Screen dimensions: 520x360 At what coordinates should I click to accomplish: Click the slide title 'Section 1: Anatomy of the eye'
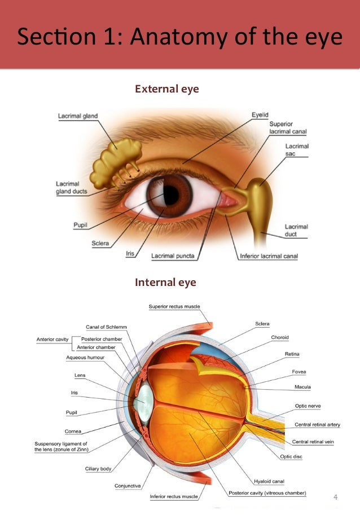pos(179,37)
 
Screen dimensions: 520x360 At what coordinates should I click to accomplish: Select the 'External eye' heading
pos(166,89)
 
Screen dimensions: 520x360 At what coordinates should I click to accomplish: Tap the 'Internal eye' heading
pos(165,282)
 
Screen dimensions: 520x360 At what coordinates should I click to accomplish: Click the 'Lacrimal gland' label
pos(78,116)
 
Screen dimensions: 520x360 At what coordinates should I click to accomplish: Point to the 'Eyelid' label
pos(261,115)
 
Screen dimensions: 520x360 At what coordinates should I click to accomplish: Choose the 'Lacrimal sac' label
pos(297,150)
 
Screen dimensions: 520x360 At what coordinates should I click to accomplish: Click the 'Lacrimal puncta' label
pos(173,256)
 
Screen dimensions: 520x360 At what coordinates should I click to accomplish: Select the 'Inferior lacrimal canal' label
pos(269,256)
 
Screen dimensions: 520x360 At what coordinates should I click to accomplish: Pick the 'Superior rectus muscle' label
pos(174,307)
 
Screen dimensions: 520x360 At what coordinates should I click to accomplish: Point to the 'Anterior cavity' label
pos(52,340)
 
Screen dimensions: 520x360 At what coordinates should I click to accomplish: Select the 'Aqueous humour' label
pos(85,358)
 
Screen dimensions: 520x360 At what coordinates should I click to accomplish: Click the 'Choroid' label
pos(279,337)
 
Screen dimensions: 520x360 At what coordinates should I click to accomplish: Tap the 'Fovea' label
pos(299,372)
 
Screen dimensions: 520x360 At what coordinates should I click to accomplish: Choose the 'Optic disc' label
pos(291,456)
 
